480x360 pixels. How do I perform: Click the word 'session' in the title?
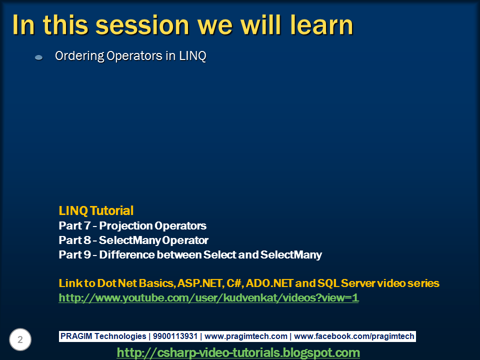click(x=142, y=25)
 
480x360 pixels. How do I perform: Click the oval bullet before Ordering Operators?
click(x=39, y=57)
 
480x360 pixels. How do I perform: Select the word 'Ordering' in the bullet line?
click(x=79, y=56)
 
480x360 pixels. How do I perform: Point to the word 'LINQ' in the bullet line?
click(x=193, y=56)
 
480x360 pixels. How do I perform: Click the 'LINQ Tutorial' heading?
click(x=96, y=210)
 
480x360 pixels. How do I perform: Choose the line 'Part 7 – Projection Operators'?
click(x=132, y=225)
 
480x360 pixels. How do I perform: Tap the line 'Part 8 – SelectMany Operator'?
click(x=133, y=240)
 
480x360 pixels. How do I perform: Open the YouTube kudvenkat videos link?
click(x=209, y=298)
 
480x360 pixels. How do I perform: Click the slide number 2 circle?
click(x=20, y=339)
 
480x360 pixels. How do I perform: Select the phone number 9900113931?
click(x=175, y=336)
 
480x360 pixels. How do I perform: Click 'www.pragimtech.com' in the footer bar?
click(x=246, y=336)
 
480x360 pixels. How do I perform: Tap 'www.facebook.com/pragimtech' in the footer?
click(x=354, y=336)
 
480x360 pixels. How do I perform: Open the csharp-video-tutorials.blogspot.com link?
click(x=238, y=352)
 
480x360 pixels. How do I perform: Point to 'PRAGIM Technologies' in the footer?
click(x=103, y=336)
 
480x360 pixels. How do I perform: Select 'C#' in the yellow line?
click(x=234, y=283)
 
